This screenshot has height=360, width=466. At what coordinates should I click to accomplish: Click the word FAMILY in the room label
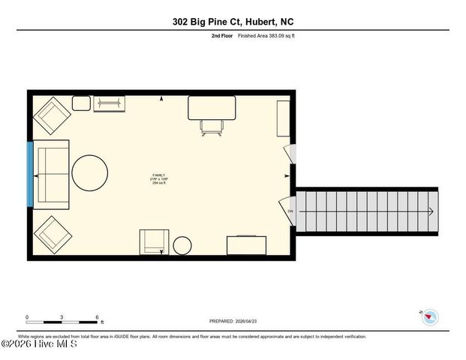click(x=158, y=175)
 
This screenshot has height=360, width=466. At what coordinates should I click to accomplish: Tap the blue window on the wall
click(x=30, y=174)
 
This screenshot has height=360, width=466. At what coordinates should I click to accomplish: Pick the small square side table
click(x=81, y=103)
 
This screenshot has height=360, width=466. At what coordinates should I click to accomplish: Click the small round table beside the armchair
click(x=183, y=245)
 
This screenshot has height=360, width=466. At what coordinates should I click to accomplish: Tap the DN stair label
click(x=290, y=211)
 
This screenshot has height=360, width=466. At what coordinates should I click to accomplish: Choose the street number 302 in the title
click(x=181, y=22)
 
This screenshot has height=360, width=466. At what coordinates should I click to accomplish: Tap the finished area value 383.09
click(x=265, y=36)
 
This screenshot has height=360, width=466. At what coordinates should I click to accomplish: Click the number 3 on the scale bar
click(x=62, y=316)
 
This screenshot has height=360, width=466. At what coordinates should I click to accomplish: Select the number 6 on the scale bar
click(x=98, y=316)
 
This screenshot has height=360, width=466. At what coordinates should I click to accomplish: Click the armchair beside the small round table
click(x=155, y=241)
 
